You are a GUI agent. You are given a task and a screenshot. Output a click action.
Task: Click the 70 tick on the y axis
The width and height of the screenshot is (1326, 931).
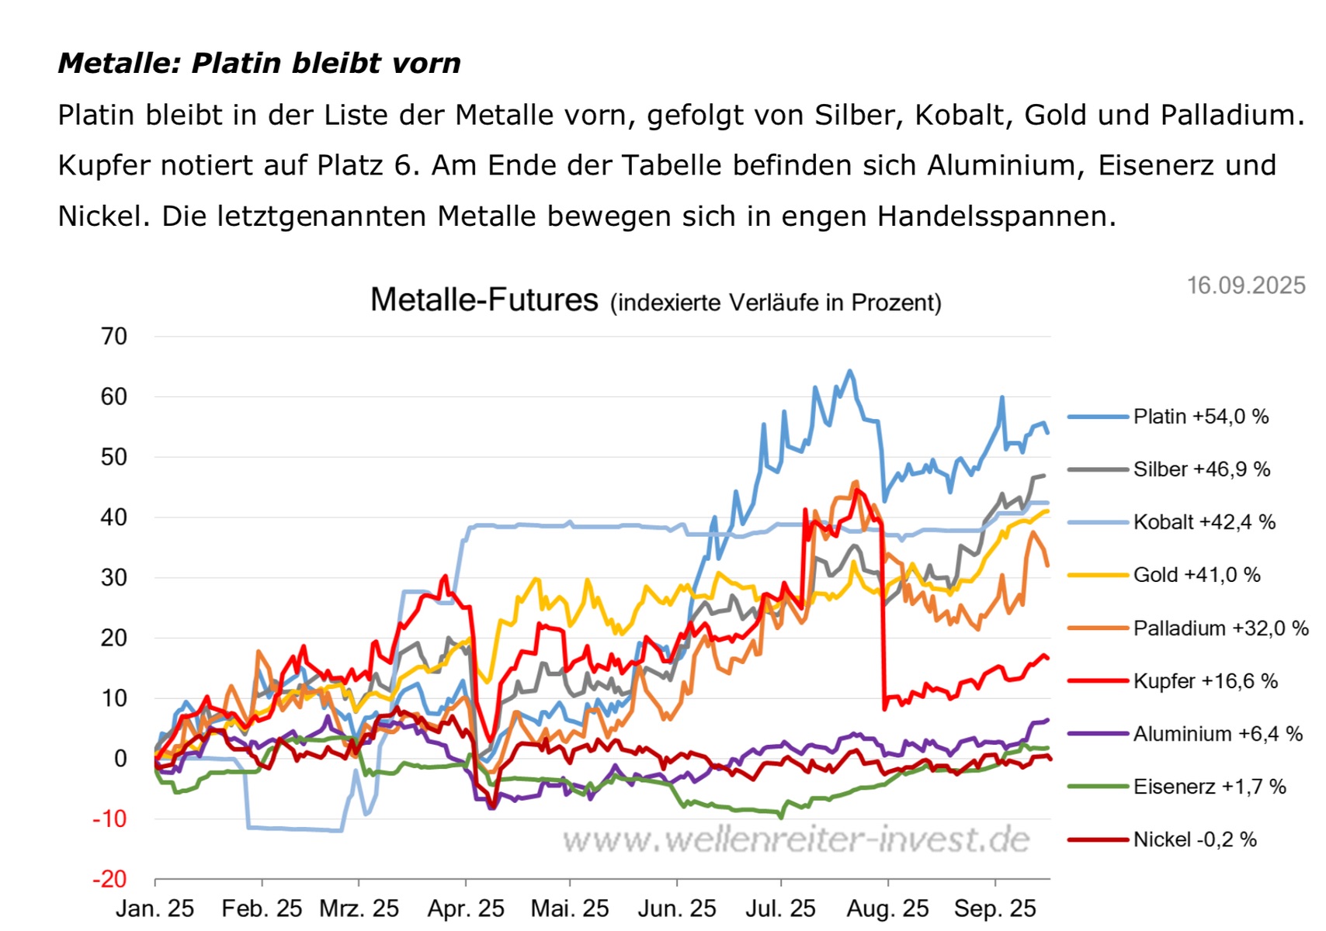click(x=114, y=337)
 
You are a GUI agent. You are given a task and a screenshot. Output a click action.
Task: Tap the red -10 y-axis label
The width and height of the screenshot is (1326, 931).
click(x=109, y=819)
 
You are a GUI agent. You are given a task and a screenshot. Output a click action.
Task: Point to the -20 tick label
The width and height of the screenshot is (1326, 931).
click(x=109, y=879)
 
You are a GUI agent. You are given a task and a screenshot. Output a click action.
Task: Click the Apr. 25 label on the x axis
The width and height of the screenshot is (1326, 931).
click(x=466, y=909)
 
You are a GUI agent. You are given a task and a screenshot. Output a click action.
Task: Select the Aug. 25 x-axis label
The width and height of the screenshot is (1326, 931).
click(x=888, y=909)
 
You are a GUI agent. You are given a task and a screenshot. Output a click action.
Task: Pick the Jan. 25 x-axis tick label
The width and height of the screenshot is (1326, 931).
click(x=155, y=909)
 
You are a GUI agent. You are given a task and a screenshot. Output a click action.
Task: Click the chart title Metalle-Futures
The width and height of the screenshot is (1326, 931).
click(x=484, y=299)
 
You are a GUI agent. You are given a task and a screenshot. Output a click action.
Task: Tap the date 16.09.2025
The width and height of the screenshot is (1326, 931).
click(x=1246, y=286)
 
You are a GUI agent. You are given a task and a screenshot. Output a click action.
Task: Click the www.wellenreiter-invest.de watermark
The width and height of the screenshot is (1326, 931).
click(x=797, y=839)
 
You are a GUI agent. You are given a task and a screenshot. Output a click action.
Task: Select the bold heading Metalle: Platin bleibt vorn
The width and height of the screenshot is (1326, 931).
click(x=259, y=63)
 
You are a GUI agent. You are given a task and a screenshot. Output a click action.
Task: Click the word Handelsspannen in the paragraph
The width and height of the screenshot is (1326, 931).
click(x=996, y=216)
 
